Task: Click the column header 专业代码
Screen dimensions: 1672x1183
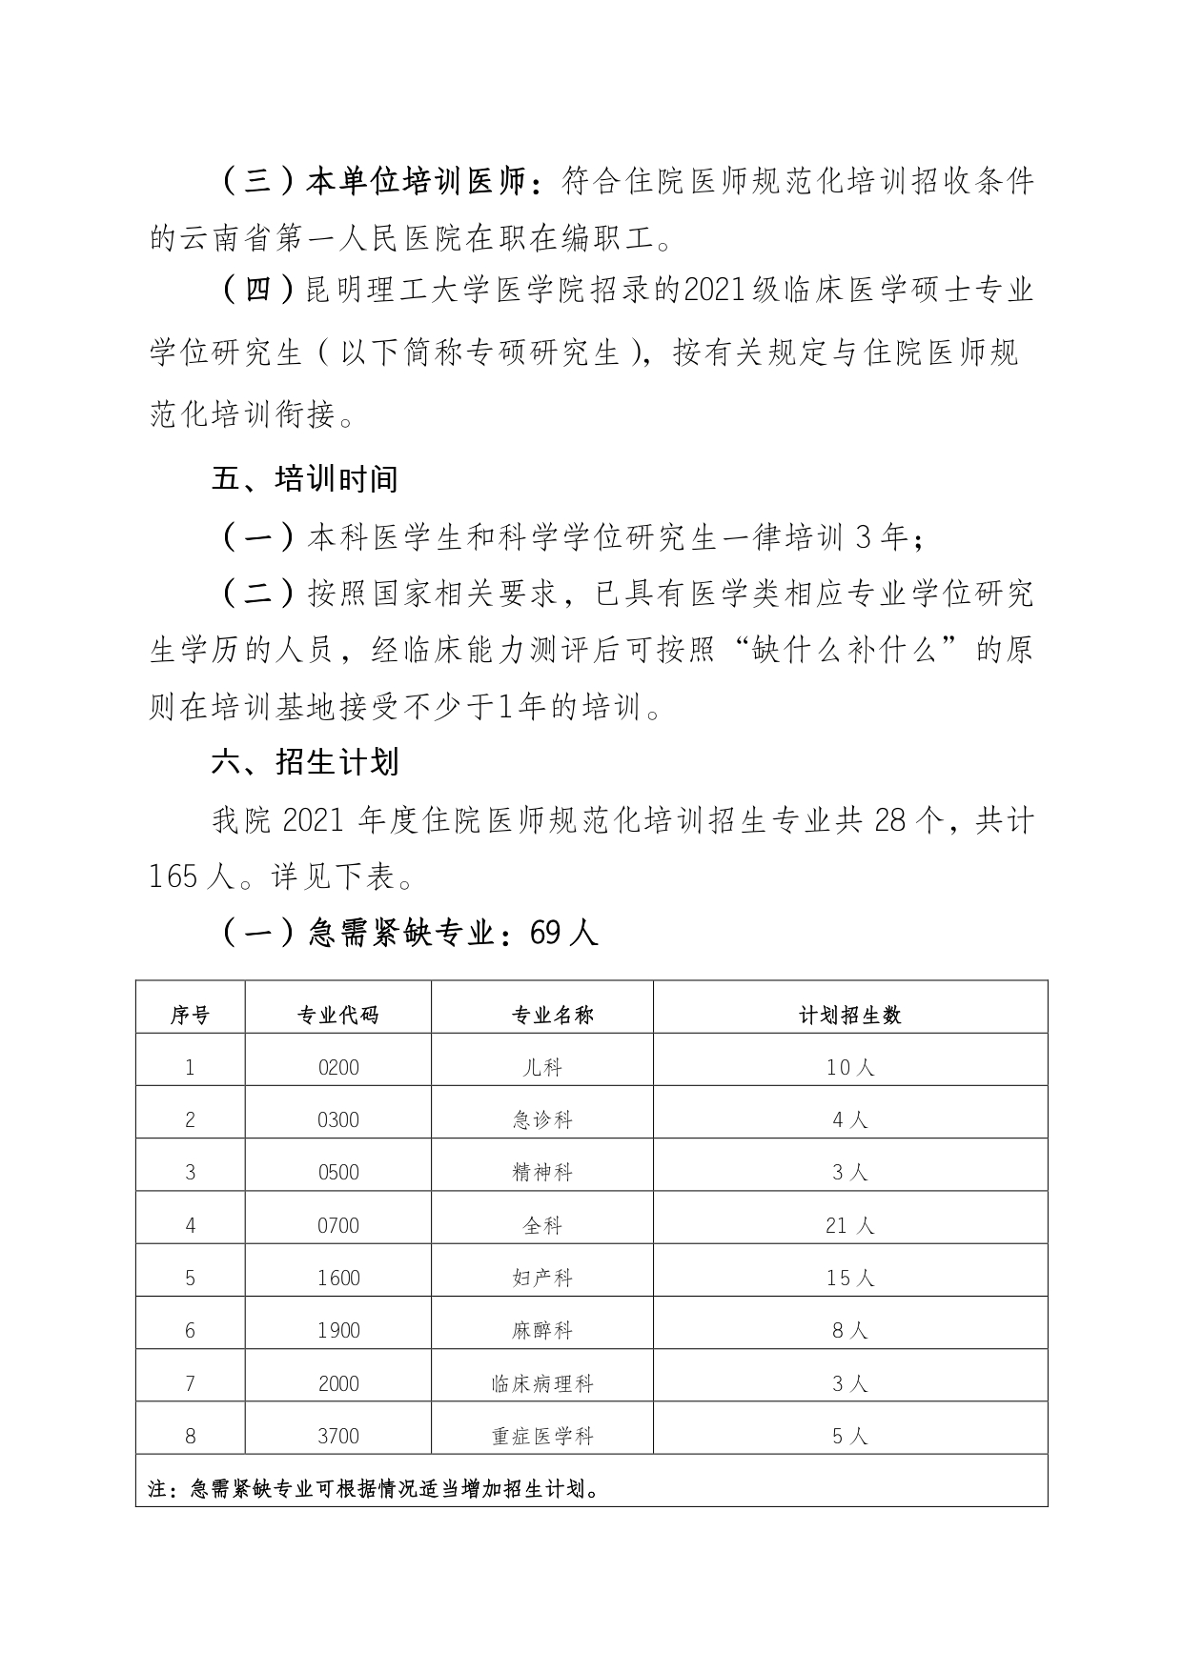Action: tap(338, 1016)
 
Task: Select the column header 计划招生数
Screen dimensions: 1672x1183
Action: tap(849, 1016)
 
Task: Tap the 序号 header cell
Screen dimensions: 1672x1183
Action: tap(190, 1016)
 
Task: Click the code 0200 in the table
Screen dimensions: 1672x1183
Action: tap(338, 1068)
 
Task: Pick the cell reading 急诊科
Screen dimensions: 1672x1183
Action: tap(542, 1120)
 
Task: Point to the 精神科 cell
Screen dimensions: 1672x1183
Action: tap(542, 1173)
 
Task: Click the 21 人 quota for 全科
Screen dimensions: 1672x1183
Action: tap(849, 1225)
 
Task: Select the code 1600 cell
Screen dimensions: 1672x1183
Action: tap(338, 1278)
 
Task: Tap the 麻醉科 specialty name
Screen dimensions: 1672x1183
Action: tap(542, 1330)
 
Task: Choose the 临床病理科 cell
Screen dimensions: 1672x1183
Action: tap(542, 1383)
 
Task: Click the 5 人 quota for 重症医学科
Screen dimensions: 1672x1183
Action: tap(849, 1436)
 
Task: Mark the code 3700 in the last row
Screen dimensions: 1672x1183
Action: tap(338, 1436)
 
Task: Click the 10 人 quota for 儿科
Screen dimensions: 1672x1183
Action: tap(849, 1068)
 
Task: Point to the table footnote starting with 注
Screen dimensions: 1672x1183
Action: tap(376, 1488)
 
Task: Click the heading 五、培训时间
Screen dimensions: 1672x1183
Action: tap(304, 479)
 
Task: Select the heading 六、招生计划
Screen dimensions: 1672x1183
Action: tap(304, 762)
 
